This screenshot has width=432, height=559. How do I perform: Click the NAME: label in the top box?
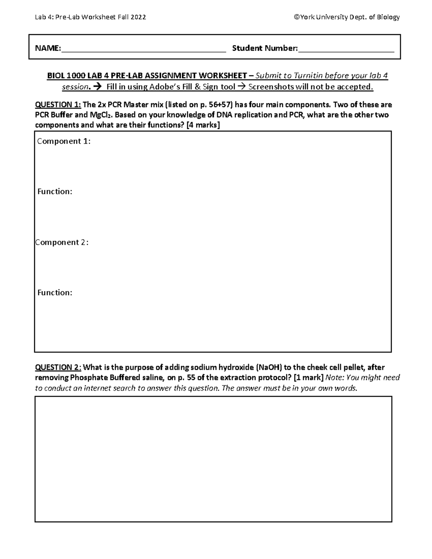(x=48, y=48)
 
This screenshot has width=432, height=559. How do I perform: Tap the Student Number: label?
(x=265, y=48)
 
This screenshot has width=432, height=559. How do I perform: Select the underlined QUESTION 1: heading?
(x=58, y=105)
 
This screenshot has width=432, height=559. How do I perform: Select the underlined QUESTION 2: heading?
(x=58, y=368)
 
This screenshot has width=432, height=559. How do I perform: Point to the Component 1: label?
(x=64, y=141)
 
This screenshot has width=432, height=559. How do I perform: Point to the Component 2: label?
(x=62, y=243)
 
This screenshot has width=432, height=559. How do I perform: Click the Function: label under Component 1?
(x=55, y=192)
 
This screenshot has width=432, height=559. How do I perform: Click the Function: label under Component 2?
(x=55, y=293)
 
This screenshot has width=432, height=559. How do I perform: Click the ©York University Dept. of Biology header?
(x=347, y=17)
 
